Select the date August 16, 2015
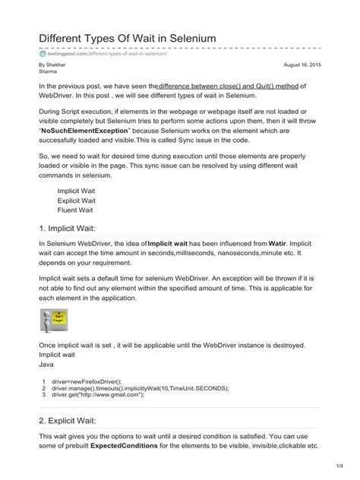(x=302, y=66)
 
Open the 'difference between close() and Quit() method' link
(x=229, y=87)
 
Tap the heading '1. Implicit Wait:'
(x=72, y=228)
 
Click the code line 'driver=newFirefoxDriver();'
(x=87, y=382)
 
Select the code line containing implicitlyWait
(x=140, y=389)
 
